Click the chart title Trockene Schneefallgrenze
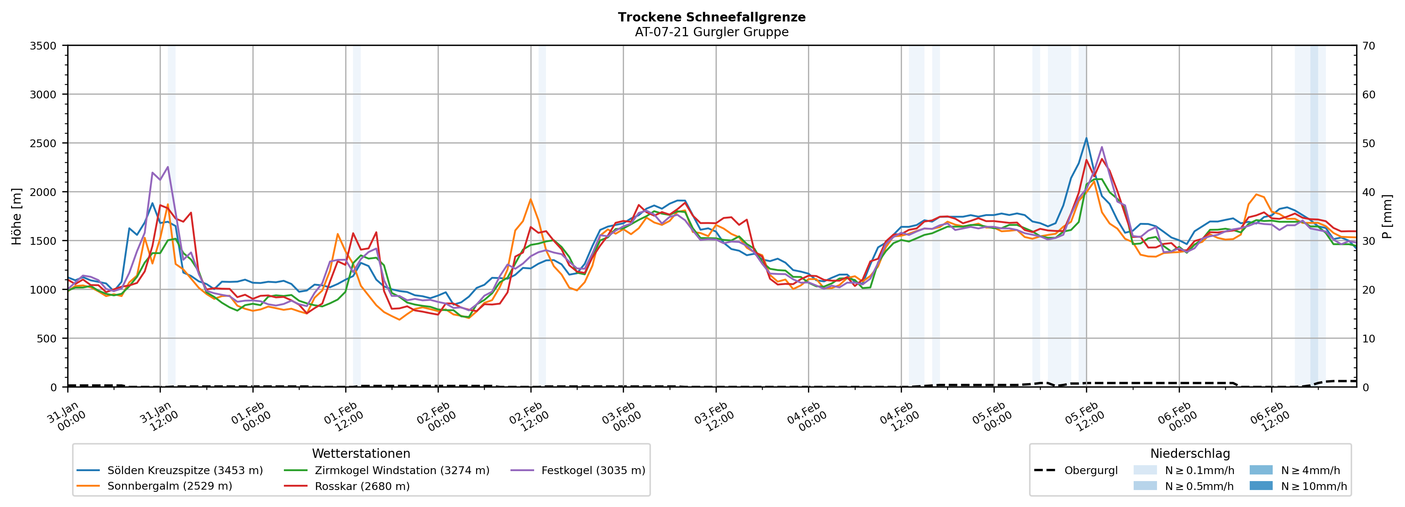pyautogui.click(x=711, y=17)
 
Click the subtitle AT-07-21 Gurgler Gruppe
pyautogui.click(x=711, y=32)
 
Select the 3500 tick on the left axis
pyautogui.click(x=43, y=46)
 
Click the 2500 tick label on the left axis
pyautogui.click(x=43, y=143)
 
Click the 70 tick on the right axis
pyautogui.click(x=1368, y=46)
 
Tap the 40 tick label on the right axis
pyautogui.click(x=1368, y=192)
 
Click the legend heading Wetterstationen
pyautogui.click(x=361, y=453)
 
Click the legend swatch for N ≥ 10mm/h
pyautogui.click(x=1260, y=486)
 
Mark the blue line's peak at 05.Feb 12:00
pyautogui.click(x=1086, y=138)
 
